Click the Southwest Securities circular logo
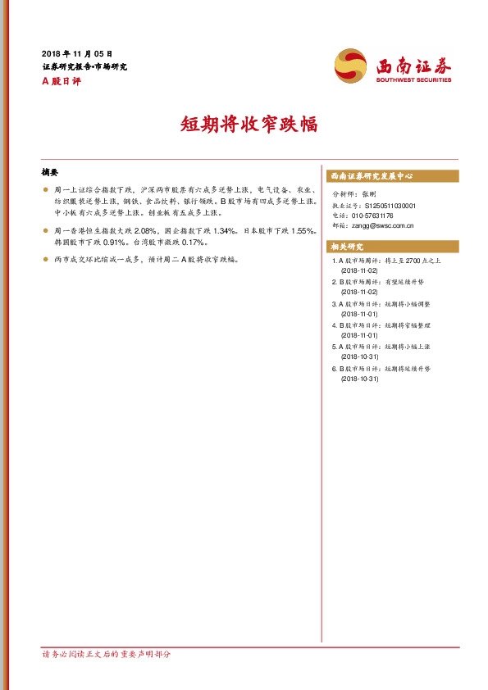(351, 64)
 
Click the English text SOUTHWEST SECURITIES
(414, 80)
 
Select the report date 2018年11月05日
(77, 52)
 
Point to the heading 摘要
(50, 173)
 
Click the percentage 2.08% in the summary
(144, 231)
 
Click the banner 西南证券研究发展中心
(371, 176)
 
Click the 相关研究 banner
(347, 247)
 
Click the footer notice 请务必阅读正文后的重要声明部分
(107, 655)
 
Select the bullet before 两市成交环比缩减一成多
(46, 260)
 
